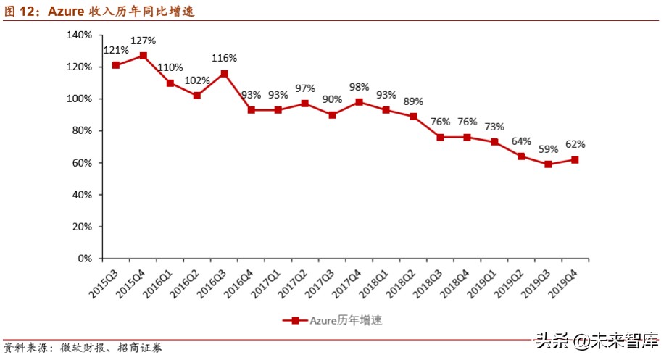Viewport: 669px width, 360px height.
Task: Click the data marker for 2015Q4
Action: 143,56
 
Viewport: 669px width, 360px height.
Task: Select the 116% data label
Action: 225,57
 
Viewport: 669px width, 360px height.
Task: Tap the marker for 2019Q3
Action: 549,164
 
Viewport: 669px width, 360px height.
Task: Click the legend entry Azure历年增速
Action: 338,320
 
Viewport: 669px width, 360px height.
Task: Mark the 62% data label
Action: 575,144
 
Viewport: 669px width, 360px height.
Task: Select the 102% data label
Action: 197,80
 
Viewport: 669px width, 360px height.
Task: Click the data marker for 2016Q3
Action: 225,73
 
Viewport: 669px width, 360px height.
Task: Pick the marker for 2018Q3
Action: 440,137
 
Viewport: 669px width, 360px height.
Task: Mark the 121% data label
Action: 116,50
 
